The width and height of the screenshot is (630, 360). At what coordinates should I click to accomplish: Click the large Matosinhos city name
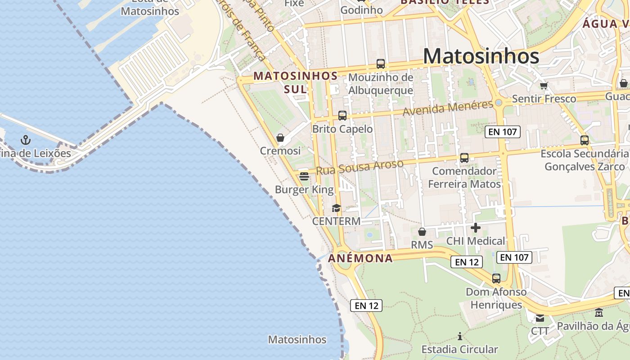point(481,56)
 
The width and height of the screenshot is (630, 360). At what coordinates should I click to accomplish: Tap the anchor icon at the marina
point(26,140)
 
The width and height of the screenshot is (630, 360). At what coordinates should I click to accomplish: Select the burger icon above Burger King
point(304,176)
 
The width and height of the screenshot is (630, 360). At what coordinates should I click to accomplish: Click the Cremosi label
point(280,151)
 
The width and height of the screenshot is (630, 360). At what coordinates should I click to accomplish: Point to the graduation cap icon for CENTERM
point(336,208)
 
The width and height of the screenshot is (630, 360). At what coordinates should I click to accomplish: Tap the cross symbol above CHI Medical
point(475,228)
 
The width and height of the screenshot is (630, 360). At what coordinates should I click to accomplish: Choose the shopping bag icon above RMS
point(422,232)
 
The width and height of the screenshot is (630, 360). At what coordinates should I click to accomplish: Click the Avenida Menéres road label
point(448,108)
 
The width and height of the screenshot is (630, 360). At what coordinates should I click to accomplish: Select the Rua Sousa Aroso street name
point(360,167)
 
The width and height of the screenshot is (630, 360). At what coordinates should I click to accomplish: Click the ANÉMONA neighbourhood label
point(360,258)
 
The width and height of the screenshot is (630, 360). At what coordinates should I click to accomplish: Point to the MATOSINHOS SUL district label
point(295,82)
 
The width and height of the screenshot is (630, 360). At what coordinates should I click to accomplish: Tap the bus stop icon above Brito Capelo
point(342,116)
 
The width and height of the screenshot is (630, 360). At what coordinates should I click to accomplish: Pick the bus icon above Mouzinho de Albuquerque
point(381,64)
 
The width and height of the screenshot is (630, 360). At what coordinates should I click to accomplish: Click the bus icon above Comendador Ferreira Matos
point(464,158)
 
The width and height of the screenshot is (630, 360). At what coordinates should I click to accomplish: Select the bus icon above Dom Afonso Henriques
point(496,279)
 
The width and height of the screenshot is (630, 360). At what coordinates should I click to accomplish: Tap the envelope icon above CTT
point(540,318)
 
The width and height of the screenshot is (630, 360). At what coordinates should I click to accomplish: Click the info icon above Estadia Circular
point(459,336)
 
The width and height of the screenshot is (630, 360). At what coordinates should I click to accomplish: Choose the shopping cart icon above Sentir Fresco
point(544,85)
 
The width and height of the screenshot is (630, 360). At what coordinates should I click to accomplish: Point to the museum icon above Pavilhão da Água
point(599,313)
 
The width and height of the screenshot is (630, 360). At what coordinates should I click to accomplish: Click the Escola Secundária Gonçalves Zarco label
point(584,160)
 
